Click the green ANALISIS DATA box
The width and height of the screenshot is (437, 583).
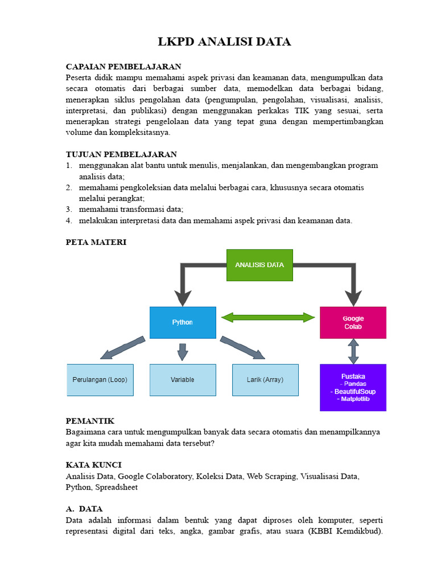259,265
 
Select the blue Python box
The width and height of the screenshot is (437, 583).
183,322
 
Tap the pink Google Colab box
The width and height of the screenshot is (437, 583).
353,322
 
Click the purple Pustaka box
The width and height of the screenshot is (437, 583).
353,387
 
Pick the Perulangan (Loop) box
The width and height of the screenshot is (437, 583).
100,380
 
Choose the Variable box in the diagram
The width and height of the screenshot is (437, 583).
183,380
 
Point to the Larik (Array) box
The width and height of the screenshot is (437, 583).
265,380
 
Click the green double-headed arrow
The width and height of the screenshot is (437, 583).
267,317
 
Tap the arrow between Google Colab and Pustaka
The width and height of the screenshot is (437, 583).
353,351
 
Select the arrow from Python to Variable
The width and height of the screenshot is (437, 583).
183,351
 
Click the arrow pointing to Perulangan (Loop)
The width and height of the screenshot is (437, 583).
122,348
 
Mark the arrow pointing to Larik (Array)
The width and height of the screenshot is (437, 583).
242,348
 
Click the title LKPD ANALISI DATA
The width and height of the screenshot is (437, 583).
224,42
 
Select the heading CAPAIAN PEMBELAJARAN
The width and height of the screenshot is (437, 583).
123,67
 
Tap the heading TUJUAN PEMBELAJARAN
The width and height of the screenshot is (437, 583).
121,154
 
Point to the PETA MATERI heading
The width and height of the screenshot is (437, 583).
96,242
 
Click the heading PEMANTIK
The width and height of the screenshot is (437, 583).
90,421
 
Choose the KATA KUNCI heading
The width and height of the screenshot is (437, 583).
93,465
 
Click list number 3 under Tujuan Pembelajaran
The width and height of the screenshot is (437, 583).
68,209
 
